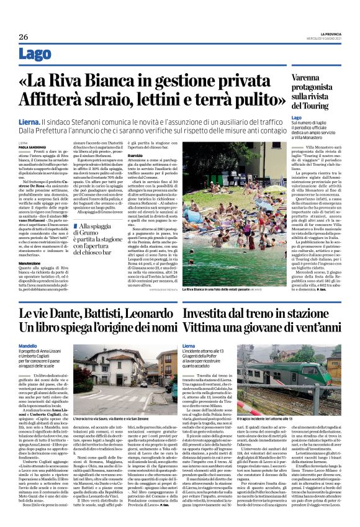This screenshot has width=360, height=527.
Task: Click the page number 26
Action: (x=23, y=37)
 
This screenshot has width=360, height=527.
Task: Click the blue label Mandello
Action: (x=28, y=345)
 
